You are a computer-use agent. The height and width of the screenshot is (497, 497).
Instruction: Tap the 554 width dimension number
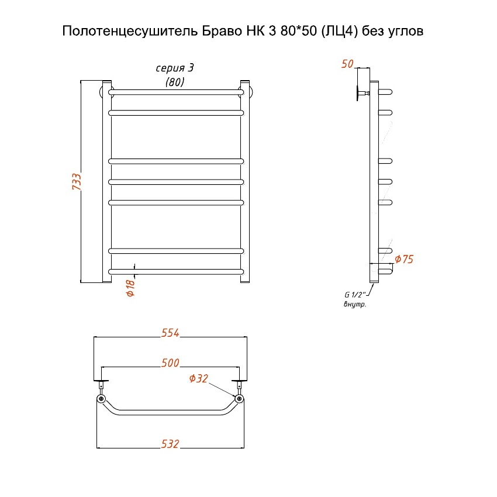(170, 333)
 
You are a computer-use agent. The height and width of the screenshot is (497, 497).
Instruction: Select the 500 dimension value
(170, 363)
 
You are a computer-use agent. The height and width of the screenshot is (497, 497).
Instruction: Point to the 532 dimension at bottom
(170, 444)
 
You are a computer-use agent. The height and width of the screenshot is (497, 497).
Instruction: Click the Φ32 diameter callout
(199, 378)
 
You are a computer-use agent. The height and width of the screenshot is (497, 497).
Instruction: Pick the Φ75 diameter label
(404, 259)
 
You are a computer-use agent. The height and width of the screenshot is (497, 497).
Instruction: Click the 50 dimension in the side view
(347, 64)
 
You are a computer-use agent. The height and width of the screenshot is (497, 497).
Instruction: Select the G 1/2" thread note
(354, 295)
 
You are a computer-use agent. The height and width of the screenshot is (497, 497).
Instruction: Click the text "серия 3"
(174, 68)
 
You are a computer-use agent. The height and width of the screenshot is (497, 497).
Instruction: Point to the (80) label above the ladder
(174, 82)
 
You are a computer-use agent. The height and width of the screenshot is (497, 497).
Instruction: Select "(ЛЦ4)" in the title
(334, 30)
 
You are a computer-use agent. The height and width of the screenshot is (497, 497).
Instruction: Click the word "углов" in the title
(406, 30)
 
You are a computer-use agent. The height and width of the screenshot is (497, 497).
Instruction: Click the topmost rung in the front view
(175, 92)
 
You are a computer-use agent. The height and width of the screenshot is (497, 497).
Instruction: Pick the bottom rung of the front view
(175, 271)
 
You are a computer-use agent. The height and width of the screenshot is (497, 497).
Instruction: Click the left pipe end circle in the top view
(102, 399)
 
